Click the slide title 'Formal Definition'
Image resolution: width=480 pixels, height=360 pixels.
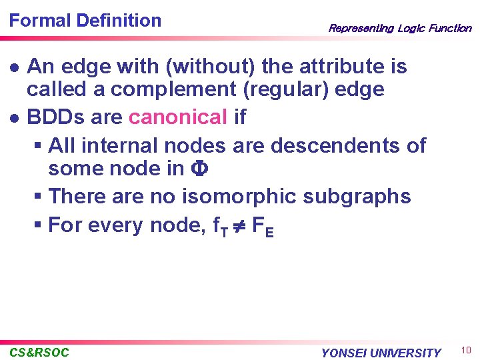pyautogui.click(x=85, y=21)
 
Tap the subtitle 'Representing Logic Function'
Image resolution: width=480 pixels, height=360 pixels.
pyautogui.click(x=399, y=28)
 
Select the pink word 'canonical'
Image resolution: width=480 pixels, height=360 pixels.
pyautogui.click(x=178, y=117)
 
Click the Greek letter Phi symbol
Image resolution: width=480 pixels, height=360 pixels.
pyautogui.click(x=199, y=169)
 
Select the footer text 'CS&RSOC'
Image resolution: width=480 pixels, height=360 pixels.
pyautogui.click(x=39, y=352)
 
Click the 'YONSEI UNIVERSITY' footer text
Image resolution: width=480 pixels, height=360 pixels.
pyautogui.click(x=381, y=353)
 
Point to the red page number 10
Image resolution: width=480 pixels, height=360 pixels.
pyautogui.click(x=465, y=351)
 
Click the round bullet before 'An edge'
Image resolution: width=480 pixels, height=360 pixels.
pyautogui.click(x=13, y=67)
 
